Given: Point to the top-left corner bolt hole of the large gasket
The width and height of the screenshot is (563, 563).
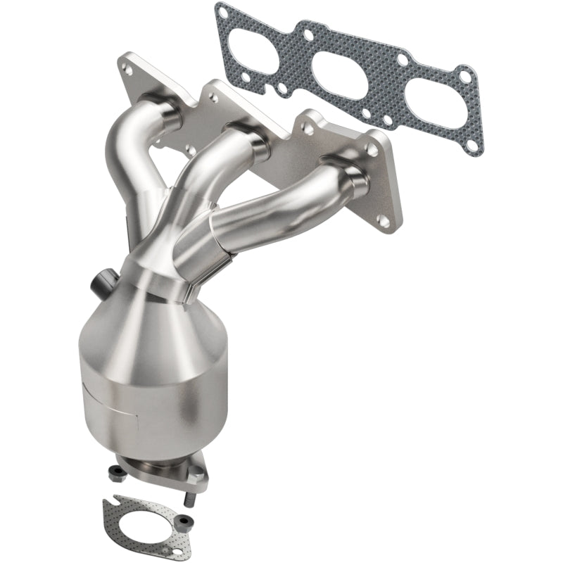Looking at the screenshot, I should [x=222, y=12].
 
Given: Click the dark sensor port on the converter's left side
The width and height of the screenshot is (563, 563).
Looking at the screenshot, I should [x=99, y=284].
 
